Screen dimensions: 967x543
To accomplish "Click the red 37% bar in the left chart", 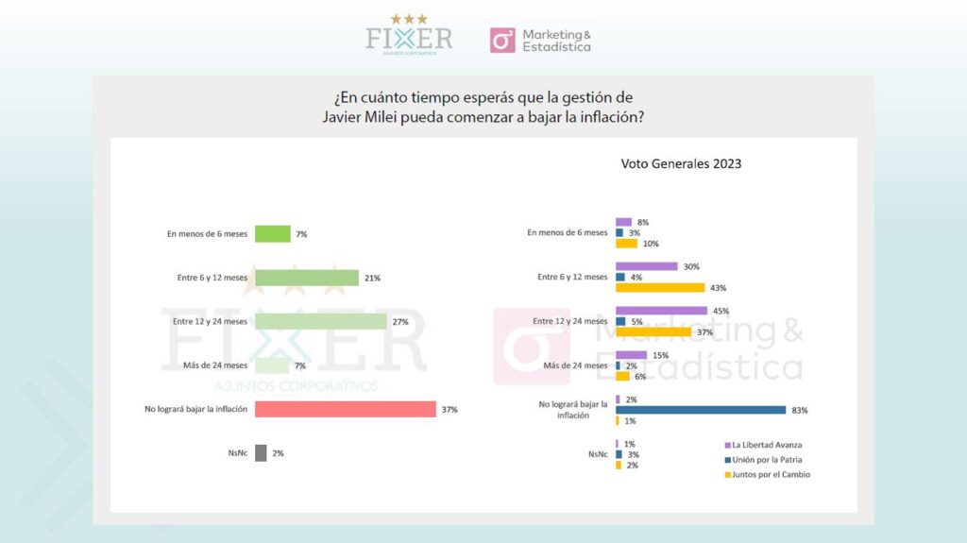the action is tap(346, 409).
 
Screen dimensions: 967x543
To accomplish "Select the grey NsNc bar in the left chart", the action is tap(261, 453).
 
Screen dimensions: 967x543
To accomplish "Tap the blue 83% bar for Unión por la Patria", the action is tap(701, 410).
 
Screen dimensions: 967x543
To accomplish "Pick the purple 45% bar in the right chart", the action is tap(662, 311).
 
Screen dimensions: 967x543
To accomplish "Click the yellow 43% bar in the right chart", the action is tap(660, 287).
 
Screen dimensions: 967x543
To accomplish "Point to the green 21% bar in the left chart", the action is tap(307, 278).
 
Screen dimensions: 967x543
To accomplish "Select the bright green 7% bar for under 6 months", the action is tap(273, 234).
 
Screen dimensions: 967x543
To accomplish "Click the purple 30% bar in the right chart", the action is tap(646, 266).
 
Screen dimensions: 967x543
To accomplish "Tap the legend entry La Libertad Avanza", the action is tap(763, 445).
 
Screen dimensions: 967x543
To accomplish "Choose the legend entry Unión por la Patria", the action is tap(763, 460).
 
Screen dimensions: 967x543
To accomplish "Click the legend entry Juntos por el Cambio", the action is tap(767, 474).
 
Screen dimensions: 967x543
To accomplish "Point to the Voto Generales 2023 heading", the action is tap(681, 163).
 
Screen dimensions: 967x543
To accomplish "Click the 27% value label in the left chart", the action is tap(400, 321).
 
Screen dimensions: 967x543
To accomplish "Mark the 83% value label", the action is tap(799, 411).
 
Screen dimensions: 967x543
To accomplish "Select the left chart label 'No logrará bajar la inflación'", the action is tap(196, 409).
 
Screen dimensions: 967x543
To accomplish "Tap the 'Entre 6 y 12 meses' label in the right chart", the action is tap(572, 277).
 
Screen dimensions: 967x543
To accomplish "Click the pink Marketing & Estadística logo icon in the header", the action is tap(502, 40).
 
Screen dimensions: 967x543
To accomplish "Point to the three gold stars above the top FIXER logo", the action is tap(409, 19).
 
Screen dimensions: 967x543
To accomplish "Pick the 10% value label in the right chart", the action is tap(651, 244).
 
